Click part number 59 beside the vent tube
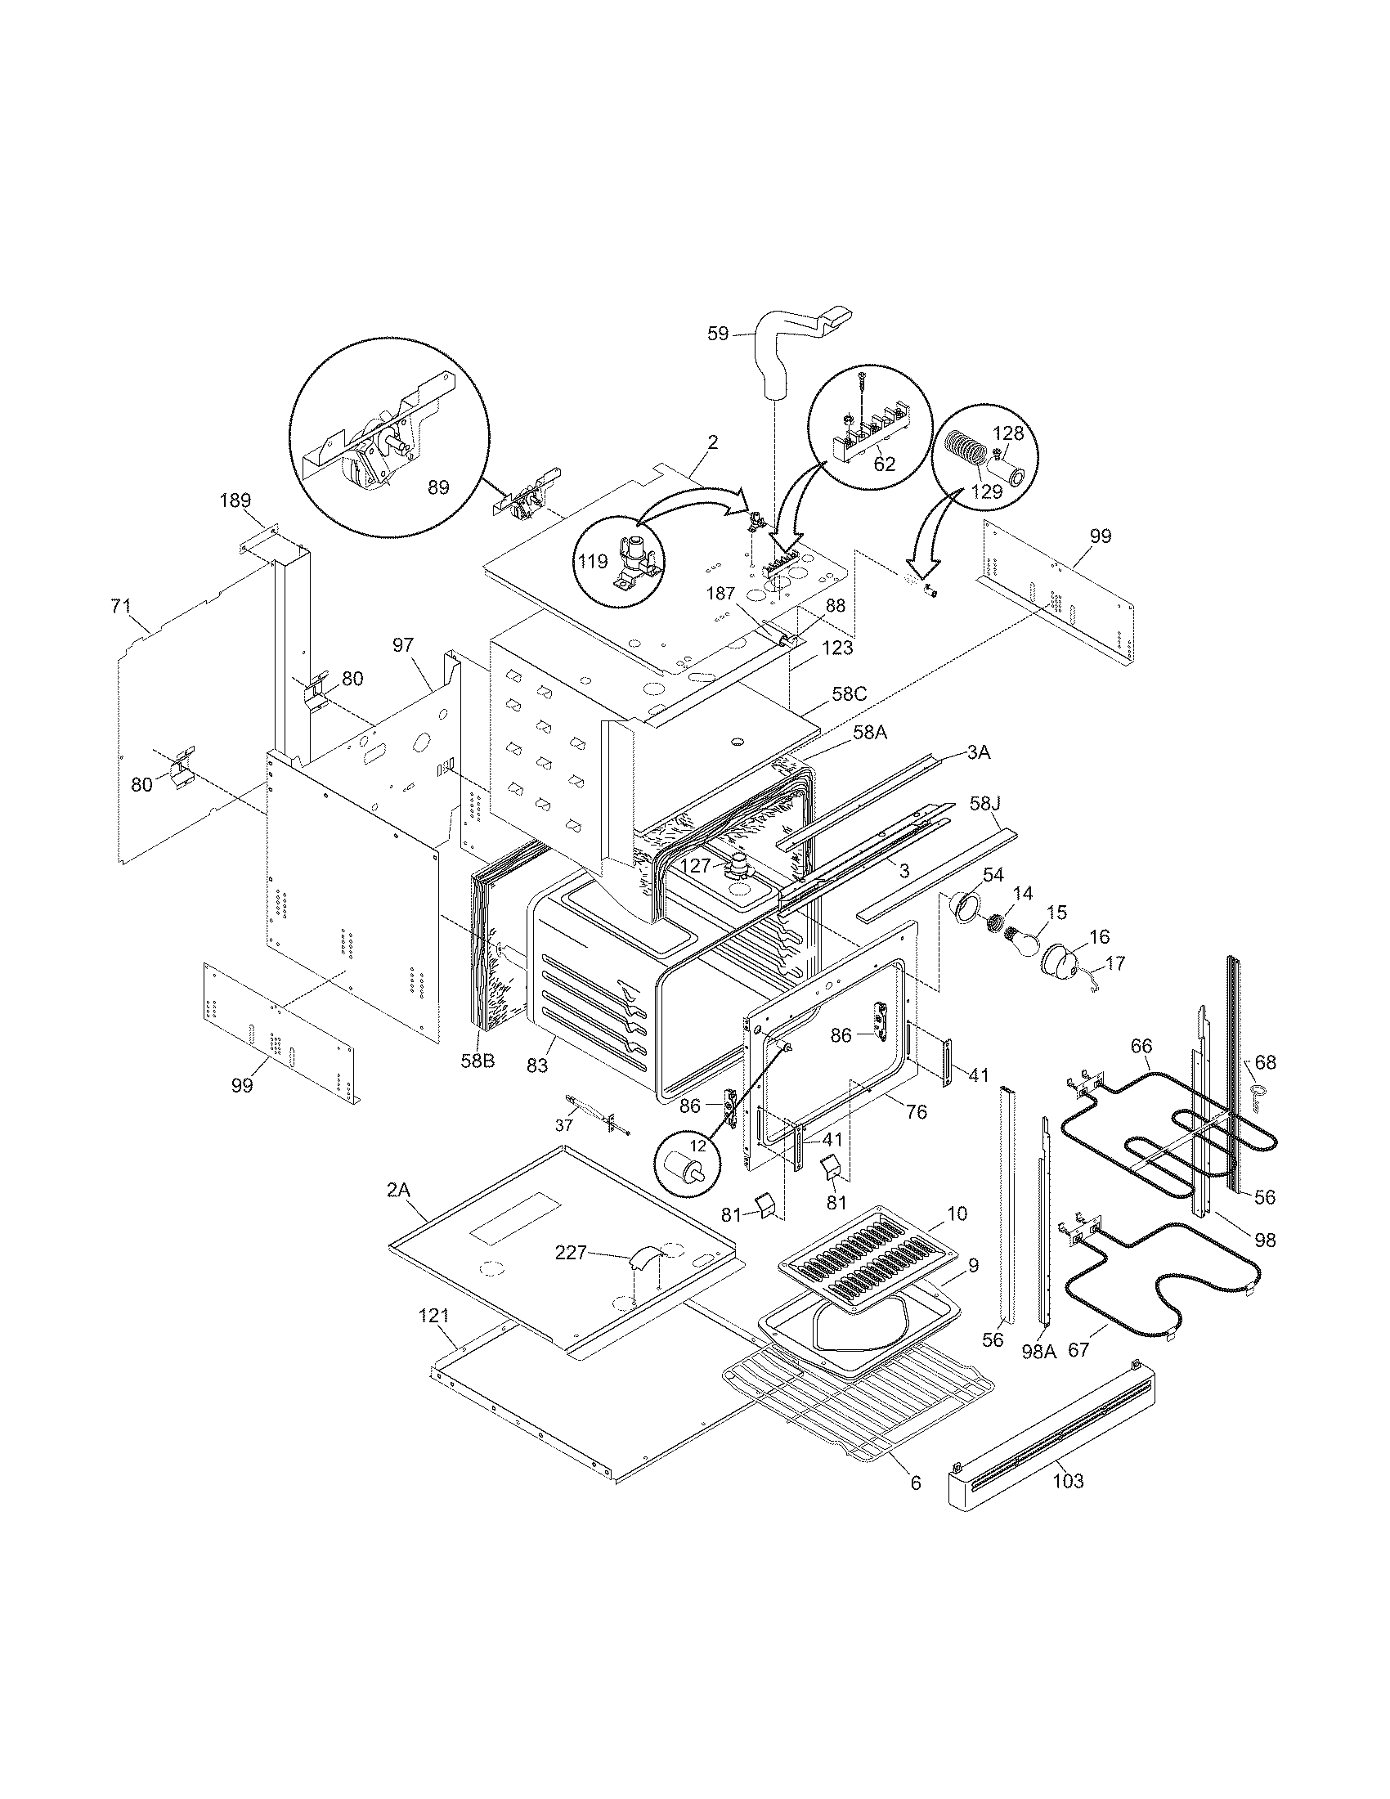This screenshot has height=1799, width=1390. [x=718, y=334]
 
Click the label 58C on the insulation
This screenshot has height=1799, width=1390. [x=849, y=693]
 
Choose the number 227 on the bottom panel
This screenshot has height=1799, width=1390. [x=571, y=1253]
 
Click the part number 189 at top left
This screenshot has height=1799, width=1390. [x=235, y=500]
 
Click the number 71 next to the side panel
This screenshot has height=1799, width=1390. [x=120, y=607]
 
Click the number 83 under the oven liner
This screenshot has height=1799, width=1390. [x=537, y=1065]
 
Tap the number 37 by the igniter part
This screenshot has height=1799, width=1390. [x=563, y=1125]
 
